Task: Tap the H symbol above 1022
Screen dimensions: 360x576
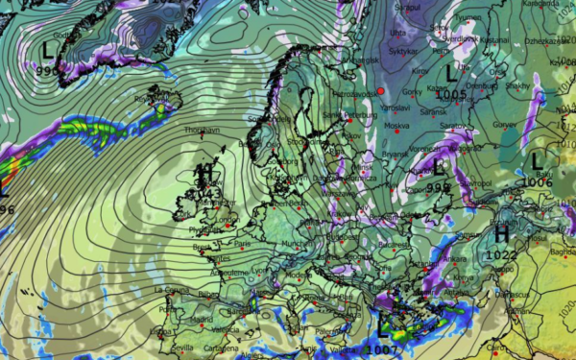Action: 501,234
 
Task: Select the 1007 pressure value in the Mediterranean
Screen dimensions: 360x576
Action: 380,351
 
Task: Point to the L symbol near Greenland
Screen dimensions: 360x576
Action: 49,49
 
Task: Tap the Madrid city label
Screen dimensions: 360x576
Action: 201,320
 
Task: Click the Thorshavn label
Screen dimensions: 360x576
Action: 201,130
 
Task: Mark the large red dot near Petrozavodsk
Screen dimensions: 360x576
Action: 380,90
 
